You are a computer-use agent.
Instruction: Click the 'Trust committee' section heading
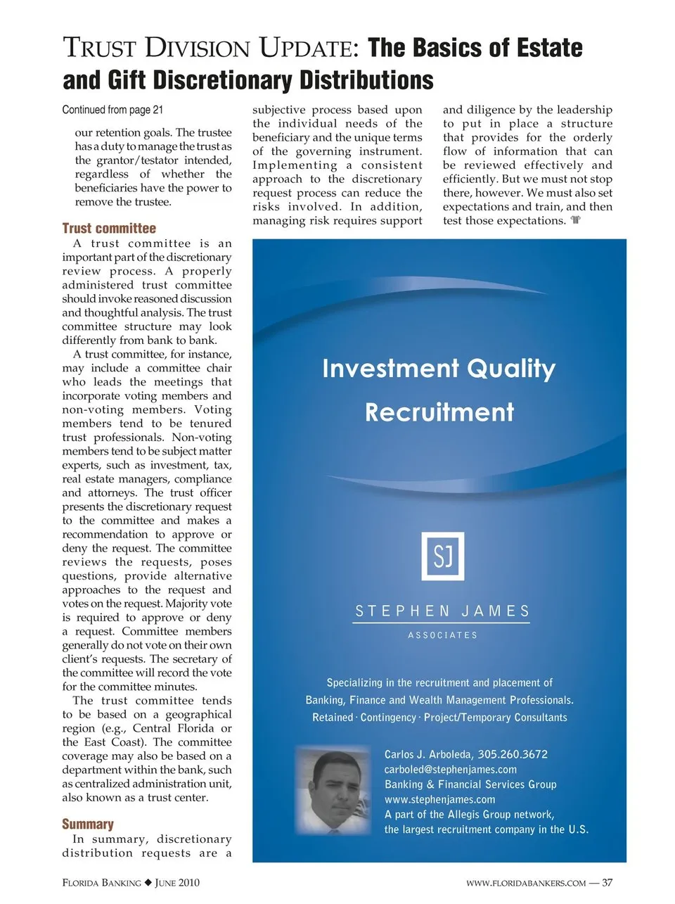109,228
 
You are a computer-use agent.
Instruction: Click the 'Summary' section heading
87,824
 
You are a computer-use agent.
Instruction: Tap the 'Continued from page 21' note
112,110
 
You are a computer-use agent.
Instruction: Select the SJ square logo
442,556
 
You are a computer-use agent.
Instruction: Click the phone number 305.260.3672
513,754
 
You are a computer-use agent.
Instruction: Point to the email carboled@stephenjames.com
450,770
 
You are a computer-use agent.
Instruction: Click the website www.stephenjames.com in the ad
439,799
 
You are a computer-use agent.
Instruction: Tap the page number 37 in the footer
607,883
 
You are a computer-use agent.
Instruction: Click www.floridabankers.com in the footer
525,884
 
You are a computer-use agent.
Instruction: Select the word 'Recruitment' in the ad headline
439,412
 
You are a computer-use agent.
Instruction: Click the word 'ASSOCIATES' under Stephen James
442,635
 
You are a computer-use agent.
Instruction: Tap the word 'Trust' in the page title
100,48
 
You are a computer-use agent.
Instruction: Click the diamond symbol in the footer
148,883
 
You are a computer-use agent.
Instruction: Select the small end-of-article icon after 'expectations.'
576,220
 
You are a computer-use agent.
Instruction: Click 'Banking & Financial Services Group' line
470,784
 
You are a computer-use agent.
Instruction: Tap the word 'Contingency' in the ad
388,718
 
